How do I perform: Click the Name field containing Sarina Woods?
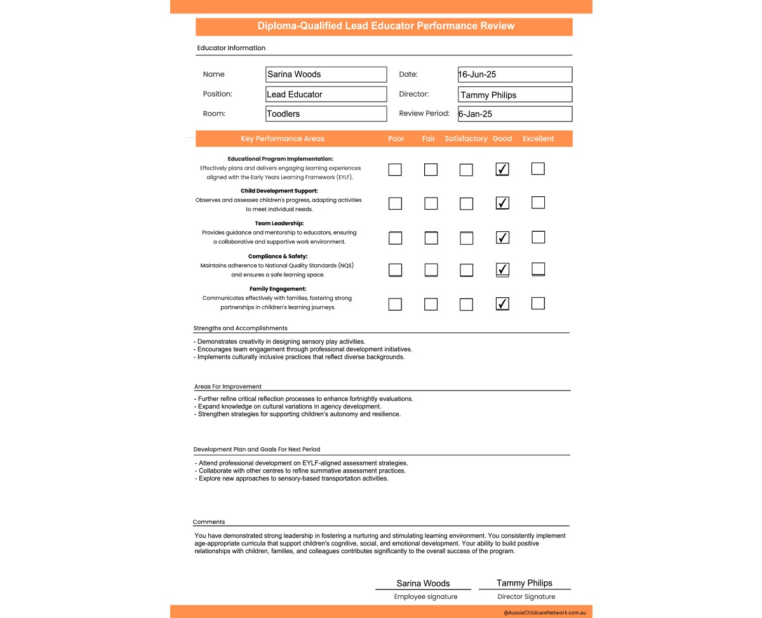tap(326, 74)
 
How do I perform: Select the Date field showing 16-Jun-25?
tap(514, 74)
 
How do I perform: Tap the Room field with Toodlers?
tap(326, 114)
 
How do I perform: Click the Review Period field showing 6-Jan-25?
tap(514, 114)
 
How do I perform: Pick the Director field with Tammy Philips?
tap(514, 95)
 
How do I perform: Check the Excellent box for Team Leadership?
tap(538, 237)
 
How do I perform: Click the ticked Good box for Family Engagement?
tap(502, 304)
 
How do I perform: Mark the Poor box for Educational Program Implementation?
tap(395, 170)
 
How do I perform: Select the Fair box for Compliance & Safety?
tap(431, 270)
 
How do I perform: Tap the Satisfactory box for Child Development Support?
tap(466, 204)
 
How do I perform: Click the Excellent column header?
tap(538, 138)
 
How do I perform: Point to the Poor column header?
tap(396, 138)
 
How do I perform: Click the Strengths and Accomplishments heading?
tap(240, 328)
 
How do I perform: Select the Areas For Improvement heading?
tap(228, 386)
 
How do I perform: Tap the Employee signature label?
tap(425, 596)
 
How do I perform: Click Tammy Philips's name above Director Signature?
tap(525, 583)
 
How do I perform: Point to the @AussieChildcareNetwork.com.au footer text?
tap(544, 612)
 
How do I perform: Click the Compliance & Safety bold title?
tap(277, 257)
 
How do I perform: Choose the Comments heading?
tap(209, 522)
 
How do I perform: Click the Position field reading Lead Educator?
tap(326, 94)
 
